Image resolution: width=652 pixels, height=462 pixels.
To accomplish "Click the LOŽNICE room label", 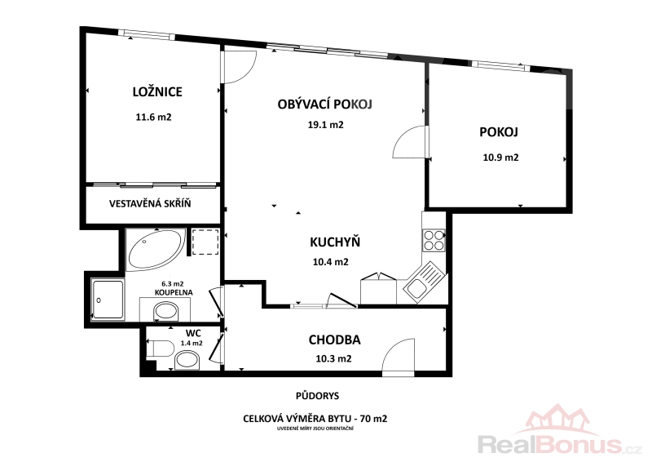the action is (x=157, y=91).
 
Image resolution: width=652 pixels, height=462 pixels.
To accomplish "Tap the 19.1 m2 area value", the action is (x=325, y=125).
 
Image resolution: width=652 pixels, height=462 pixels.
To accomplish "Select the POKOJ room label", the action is (x=499, y=132).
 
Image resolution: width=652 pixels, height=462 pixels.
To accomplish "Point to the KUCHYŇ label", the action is (x=335, y=242).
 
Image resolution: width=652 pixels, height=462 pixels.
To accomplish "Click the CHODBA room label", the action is (x=334, y=340).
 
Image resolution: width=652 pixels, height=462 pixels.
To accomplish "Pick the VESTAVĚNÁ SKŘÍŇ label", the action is (x=150, y=204).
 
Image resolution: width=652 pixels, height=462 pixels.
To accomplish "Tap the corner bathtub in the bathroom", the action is (x=156, y=250).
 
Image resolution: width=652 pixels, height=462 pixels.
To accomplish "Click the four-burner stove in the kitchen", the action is (x=434, y=240).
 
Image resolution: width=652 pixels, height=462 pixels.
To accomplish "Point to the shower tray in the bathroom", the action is (x=108, y=300).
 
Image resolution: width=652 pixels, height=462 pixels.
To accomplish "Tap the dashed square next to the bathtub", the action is (x=205, y=242).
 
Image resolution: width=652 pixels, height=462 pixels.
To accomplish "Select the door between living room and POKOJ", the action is (x=411, y=142).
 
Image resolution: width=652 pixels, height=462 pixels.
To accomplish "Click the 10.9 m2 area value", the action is (x=500, y=158).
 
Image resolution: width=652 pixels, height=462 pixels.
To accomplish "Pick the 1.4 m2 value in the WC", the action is (x=192, y=344).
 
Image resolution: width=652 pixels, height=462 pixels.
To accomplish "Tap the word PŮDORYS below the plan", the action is (x=317, y=396).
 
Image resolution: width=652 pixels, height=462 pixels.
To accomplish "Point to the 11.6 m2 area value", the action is (x=153, y=117).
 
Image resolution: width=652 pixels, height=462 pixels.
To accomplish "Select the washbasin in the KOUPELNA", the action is (x=165, y=312).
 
